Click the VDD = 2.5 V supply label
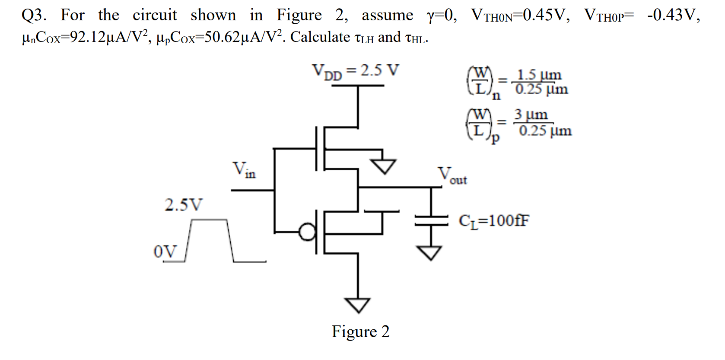pos(356,71)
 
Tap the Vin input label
pos(244,169)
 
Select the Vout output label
pos(452,175)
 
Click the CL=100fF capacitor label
pos(493,221)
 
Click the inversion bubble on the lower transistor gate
pos(308,232)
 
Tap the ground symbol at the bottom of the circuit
pos(357,305)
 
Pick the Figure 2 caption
pos(360,331)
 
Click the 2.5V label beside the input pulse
pos(183,204)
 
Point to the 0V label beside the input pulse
pos(165,251)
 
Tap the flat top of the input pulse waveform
pos(209,220)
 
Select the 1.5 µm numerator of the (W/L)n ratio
pos(539,74)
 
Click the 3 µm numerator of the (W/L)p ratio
pos(531,115)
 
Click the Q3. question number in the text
pos(34,15)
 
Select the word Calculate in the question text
pos(320,37)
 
